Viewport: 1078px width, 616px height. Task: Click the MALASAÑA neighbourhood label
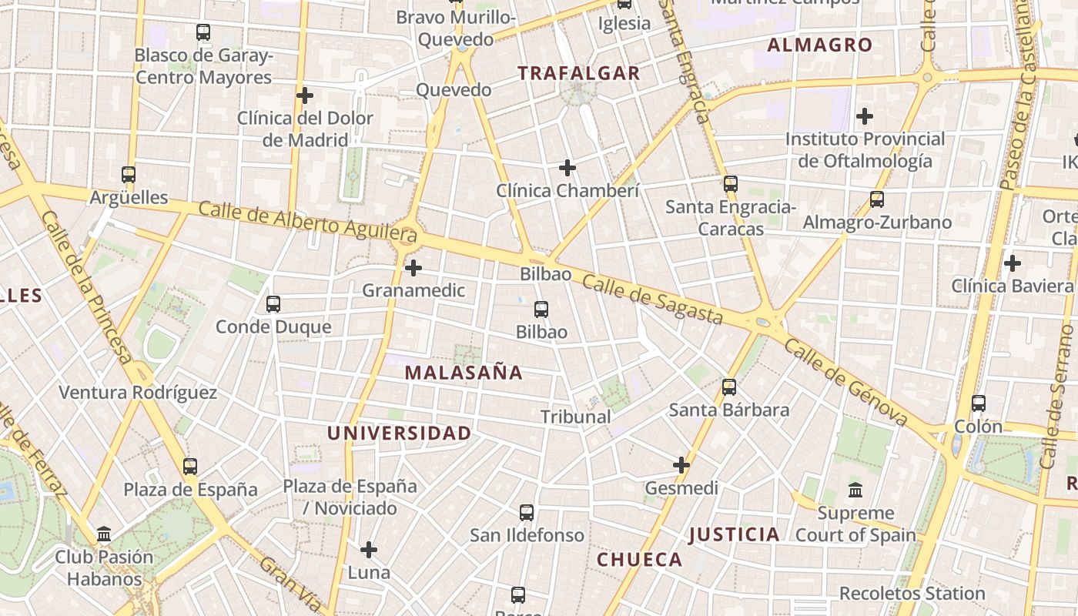pyautogui.click(x=464, y=373)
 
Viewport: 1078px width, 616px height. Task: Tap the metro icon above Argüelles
pyautogui.click(x=129, y=175)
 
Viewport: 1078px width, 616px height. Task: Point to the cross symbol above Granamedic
pyautogui.click(x=413, y=268)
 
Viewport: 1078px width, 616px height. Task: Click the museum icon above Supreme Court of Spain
pyautogui.click(x=855, y=490)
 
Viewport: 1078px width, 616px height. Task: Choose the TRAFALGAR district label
pyautogui.click(x=578, y=74)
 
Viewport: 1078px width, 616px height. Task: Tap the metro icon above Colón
pyautogui.click(x=979, y=403)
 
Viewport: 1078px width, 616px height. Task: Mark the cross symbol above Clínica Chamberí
pyautogui.click(x=567, y=168)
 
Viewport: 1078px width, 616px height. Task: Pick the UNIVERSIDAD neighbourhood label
pyautogui.click(x=399, y=434)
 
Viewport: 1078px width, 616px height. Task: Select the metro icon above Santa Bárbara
pyautogui.click(x=729, y=387)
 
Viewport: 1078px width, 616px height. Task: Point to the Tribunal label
pyautogui.click(x=575, y=417)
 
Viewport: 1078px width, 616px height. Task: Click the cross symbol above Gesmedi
pyautogui.click(x=681, y=465)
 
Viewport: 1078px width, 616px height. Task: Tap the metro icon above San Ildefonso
pyautogui.click(x=527, y=513)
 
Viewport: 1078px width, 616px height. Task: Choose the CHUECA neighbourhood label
pyautogui.click(x=639, y=560)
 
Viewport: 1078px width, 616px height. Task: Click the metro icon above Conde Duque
pyautogui.click(x=273, y=304)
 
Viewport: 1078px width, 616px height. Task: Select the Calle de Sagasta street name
pyautogui.click(x=652, y=300)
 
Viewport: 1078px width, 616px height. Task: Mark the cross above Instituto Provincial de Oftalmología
pyautogui.click(x=865, y=117)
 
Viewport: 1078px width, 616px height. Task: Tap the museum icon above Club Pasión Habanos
pyautogui.click(x=104, y=534)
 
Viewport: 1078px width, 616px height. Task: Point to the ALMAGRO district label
pyautogui.click(x=820, y=45)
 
